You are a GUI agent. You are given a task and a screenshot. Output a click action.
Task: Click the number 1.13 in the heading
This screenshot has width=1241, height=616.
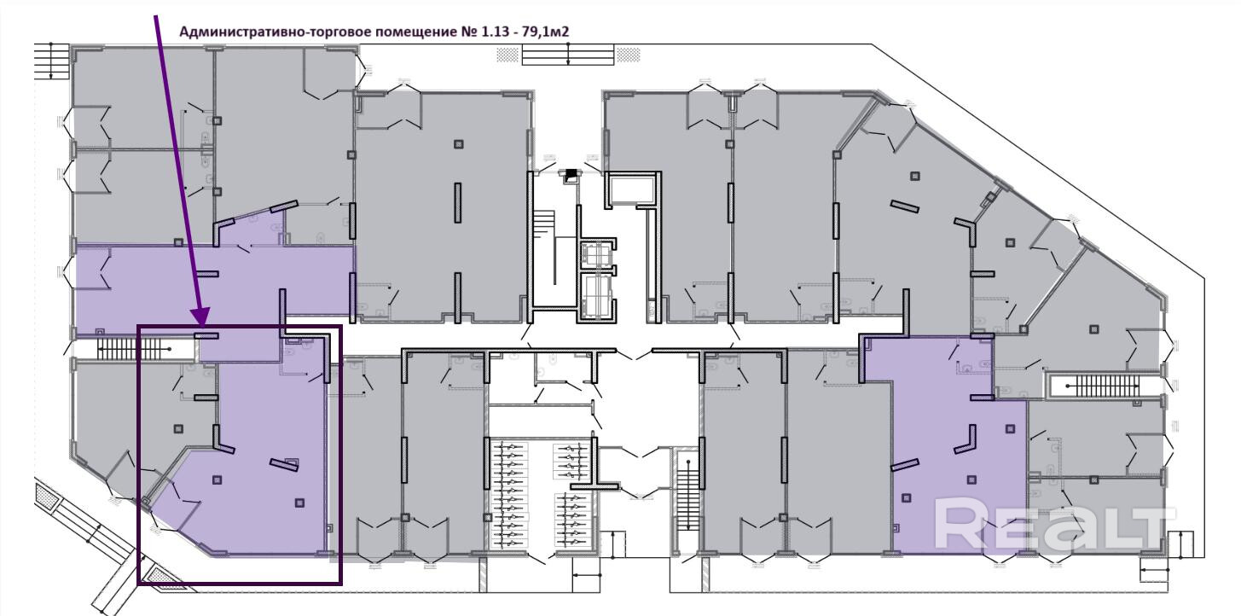click(x=494, y=32)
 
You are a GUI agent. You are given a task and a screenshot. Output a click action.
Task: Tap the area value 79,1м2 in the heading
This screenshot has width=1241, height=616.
click(x=546, y=32)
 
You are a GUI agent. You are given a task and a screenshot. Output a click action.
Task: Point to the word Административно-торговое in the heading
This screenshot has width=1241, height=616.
click(x=275, y=32)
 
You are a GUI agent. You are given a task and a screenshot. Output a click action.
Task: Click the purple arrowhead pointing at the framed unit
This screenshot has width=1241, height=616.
click(x=201, y=317)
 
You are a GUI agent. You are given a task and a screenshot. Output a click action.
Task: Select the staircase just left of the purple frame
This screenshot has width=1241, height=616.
click(x=134, y=348)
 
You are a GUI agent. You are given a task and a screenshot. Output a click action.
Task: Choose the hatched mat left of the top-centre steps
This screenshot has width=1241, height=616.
click(x=507, y=55)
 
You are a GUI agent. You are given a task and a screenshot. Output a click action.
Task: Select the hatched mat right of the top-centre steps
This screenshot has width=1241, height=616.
click(x=629, y=55)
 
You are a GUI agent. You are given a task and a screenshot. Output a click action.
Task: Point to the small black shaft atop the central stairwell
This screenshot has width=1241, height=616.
click(x=570, y=175)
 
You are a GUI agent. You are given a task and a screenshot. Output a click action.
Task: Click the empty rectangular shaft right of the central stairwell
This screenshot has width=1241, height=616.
click(x=633, y=189)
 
